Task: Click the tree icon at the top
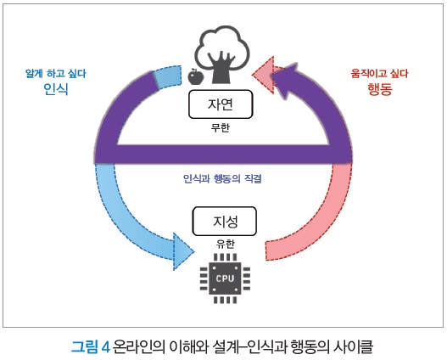tap(222, 54)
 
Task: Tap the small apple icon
tap(196, 76)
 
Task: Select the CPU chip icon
tap(225, 278)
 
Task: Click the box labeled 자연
tap(221, 104)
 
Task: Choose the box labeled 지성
tap(225, 222)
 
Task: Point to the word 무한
tap(221, 127)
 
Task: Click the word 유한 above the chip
tap(226, 244)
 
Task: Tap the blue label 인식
tap(56, 89)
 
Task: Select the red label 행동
tap(380, 89)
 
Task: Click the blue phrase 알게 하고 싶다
tap(56, 74)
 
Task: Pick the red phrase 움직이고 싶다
tap(379, 73)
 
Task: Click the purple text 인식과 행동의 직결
tap(222, 179)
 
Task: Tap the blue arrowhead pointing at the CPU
tap(182, 251)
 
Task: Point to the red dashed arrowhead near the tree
tap(263, 75)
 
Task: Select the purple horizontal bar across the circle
tap(223, 154)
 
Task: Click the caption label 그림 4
tap(91, 347)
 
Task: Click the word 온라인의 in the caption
tap(139, 347)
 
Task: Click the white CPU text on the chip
tap(225, 278)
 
